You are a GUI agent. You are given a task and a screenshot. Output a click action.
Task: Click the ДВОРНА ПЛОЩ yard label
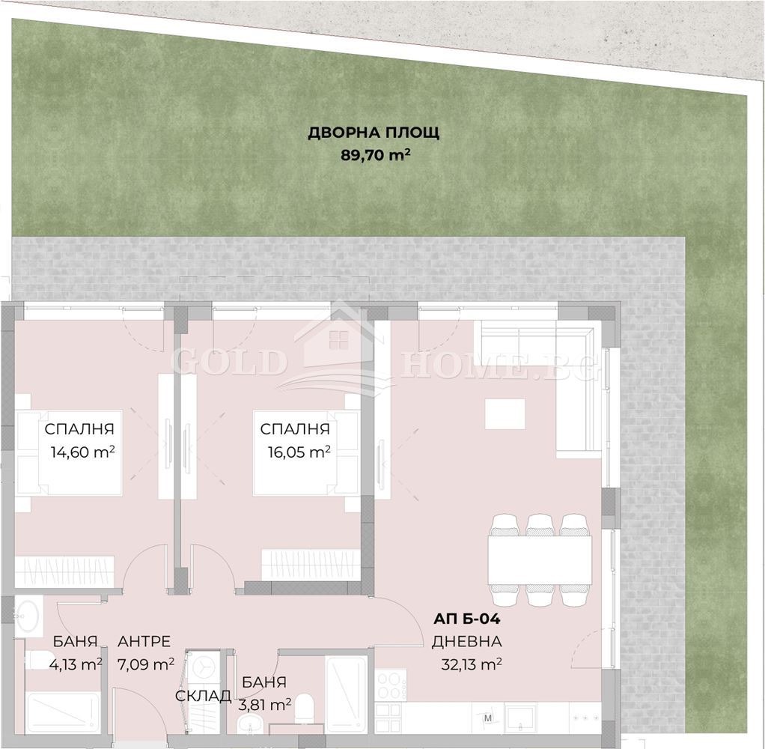point(374,133)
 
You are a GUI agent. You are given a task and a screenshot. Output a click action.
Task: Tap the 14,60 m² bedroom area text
point(79,452)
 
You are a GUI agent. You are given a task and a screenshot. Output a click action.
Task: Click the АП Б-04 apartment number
point(466,619)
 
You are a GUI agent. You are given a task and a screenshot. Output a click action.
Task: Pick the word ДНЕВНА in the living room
point(466,641)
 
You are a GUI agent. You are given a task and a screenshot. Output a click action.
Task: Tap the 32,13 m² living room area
point(472,664)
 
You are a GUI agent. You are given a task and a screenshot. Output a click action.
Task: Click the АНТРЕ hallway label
point(144,641)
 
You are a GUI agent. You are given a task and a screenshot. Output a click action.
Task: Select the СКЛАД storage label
point(203,696)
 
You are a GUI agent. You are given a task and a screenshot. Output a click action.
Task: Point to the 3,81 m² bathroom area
point(266,704)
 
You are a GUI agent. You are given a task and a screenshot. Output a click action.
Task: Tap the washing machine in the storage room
point(203,667)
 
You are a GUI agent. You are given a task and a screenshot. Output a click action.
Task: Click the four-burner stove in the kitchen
point(390,683)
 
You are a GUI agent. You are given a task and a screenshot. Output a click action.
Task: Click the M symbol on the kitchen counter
point(488,720)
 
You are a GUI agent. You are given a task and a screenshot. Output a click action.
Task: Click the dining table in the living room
point(540,560)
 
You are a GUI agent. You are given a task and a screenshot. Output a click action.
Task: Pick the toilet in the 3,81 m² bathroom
point(305,708)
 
